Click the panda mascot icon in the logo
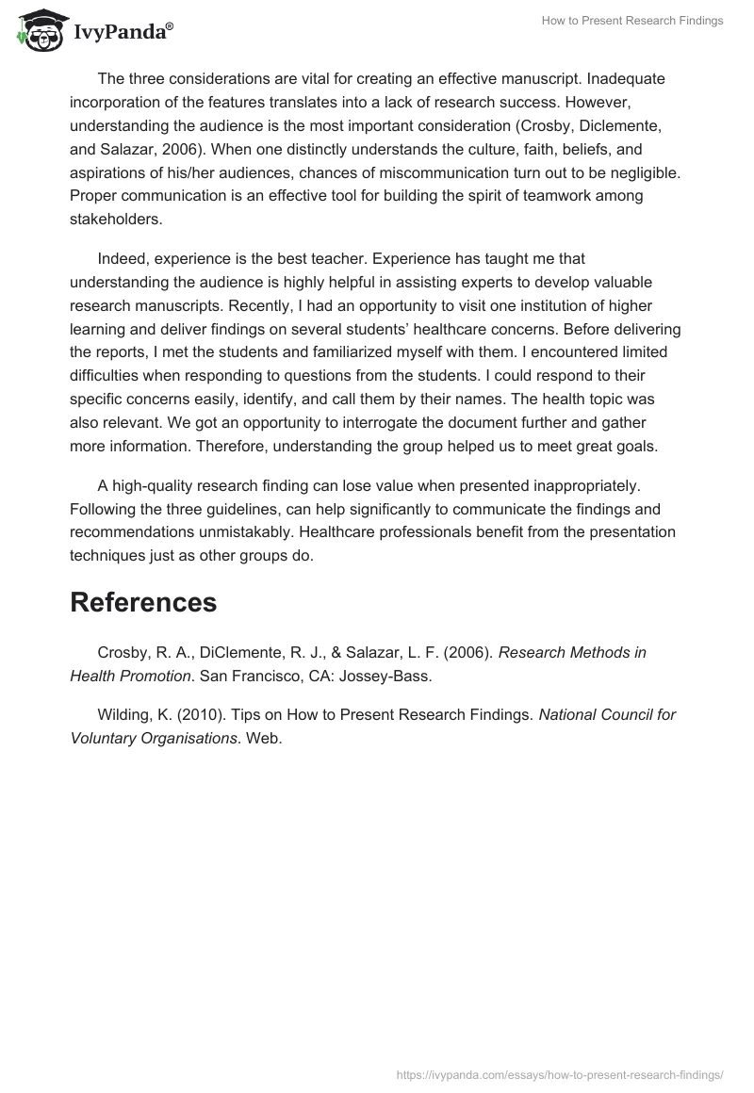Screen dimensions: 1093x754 (38, 31)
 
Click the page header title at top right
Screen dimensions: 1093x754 (632, 21)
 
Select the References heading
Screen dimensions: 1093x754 (143, 602)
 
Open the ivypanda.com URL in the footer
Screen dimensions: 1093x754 (561, 1074)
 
